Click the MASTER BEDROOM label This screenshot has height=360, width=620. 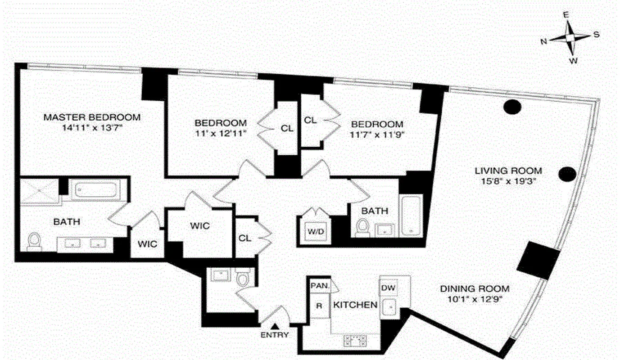click(92, 117)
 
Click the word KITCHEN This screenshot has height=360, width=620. click(355, 305)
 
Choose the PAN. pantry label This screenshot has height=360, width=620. click(320, 285)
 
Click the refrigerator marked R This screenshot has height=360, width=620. click(319, 306)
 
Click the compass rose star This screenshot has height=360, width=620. click(570, 38)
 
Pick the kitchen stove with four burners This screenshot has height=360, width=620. click(354, 340)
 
